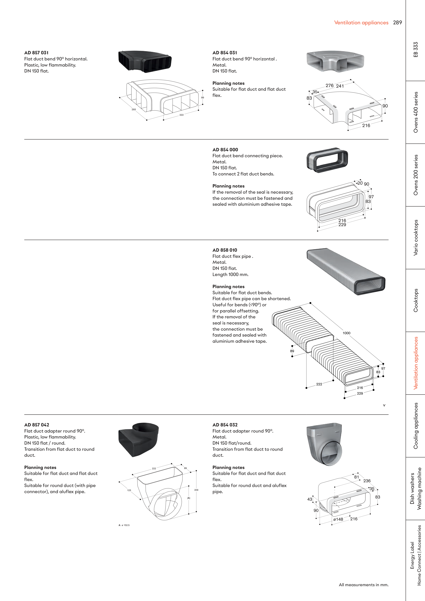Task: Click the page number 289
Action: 397,22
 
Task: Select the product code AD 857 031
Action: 36,53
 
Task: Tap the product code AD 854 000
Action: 225,150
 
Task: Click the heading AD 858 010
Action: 225,250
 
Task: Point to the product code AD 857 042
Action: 37,425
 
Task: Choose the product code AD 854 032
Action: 225,425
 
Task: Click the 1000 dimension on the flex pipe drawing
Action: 346,333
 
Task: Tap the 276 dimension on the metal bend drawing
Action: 329,86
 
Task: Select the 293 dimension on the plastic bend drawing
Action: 134,109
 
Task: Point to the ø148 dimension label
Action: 338,519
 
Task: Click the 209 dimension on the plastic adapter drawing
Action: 196,490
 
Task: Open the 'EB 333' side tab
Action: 416,50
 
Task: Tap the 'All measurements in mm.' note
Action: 363,584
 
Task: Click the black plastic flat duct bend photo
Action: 145,62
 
